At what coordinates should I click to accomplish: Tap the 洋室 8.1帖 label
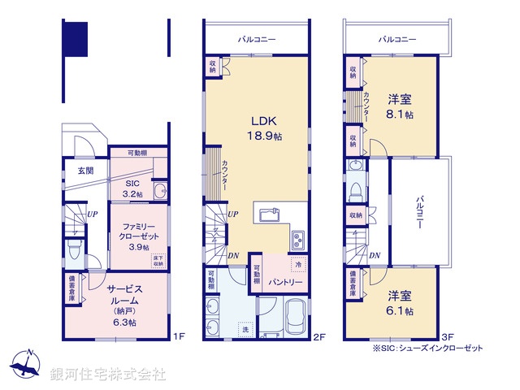click(399, 106)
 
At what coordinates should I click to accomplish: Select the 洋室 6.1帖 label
click(399, 303)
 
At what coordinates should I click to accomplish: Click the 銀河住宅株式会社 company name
click(107, 374)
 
